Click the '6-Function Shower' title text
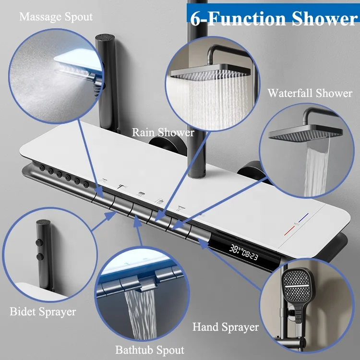(273, 19)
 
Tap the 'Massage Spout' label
(56, 17)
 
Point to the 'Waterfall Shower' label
(310, 93)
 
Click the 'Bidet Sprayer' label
(43, 312)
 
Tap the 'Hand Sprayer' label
(226, 327)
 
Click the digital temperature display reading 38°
(235, 249)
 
